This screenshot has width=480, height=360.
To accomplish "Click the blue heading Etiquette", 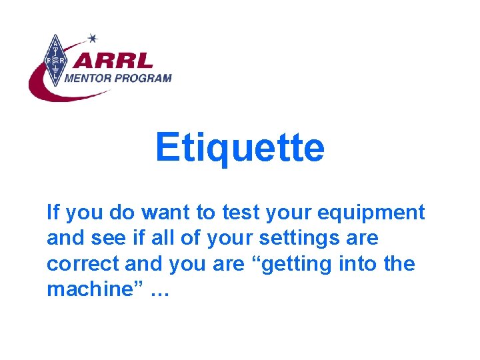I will coord(239,147).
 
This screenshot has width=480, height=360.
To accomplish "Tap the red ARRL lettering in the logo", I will coord(113,61).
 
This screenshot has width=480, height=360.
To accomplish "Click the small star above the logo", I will coord(93,38).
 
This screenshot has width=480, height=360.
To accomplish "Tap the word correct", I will coord(83,264).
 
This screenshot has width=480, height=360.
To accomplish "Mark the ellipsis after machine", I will coord(159,292).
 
